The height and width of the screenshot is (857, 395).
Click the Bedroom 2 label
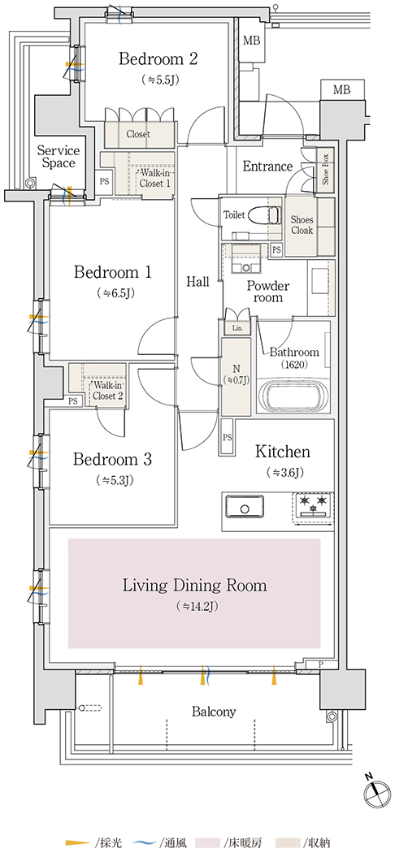tap(158, 58)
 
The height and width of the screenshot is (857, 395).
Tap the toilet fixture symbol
tap(258, 214)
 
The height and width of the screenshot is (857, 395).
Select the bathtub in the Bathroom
tap(293, 394)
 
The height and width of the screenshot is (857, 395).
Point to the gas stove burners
tap(314, 504)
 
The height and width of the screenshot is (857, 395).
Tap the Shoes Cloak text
tap(302, 224)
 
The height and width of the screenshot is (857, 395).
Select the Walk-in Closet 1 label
tap(154, 178)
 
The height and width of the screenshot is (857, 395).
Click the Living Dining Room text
tap(194, 586)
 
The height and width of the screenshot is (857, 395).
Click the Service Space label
tap(59, 156)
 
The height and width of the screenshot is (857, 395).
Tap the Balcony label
tap(214, 712)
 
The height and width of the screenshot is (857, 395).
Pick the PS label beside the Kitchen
tap(227, 438)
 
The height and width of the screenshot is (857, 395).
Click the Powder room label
tap(268, 292)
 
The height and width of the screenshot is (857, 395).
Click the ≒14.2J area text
tap(194, 606)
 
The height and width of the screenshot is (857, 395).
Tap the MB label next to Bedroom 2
tap(252, 41)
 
